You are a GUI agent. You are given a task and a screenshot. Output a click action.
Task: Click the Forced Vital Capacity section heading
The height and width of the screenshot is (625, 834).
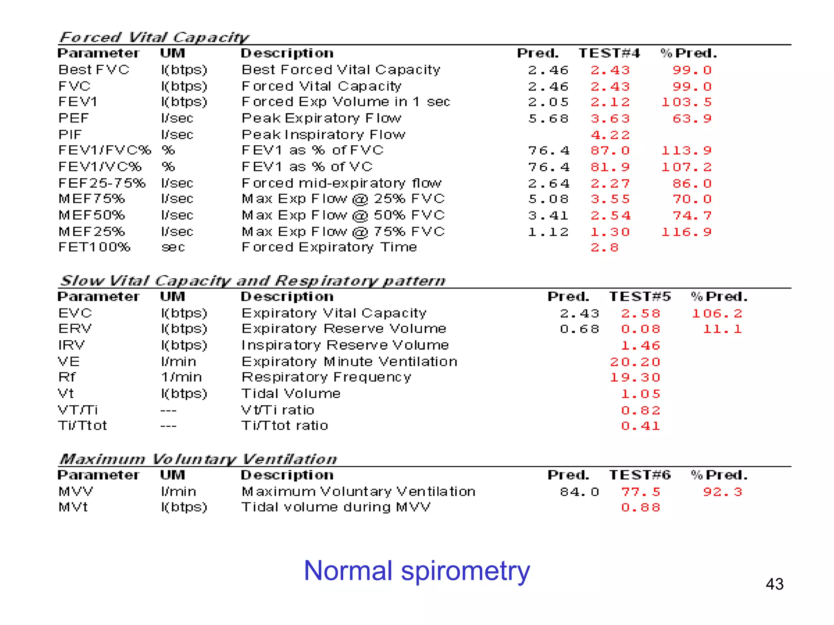click(154, 37)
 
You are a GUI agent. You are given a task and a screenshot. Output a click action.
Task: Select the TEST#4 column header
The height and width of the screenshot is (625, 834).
click(609, 53)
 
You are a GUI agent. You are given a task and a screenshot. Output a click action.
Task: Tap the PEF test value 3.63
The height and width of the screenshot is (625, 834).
click(610, 119)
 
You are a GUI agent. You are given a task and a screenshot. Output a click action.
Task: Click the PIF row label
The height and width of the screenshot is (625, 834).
click(70, 135)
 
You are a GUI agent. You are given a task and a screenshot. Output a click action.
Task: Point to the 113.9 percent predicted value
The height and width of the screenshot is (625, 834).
click(686, 151)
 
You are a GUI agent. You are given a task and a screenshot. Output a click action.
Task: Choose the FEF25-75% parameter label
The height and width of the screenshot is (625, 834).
click(102, 183)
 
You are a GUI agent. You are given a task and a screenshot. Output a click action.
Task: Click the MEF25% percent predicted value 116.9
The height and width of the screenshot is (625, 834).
click(686, 232)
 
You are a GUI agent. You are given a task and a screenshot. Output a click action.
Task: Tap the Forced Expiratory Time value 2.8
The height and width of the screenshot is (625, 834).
click(605, 248)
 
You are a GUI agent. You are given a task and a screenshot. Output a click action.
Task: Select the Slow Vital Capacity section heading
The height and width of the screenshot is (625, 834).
click(252, 281)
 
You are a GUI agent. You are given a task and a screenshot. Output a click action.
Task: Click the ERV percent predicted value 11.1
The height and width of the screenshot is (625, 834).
click(722, 329)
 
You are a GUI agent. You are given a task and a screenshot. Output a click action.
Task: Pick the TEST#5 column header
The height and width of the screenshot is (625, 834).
click(640, 297)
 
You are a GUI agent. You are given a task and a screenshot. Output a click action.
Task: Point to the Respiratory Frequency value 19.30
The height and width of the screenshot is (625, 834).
click(635, 378)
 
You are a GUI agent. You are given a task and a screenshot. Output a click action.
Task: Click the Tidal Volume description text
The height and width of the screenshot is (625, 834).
click(291, 394)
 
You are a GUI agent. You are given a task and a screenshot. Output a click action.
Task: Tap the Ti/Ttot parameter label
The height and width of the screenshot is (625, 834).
click(82, 426)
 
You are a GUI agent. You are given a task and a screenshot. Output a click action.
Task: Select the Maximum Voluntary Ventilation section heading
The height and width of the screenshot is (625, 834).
click(198, 459)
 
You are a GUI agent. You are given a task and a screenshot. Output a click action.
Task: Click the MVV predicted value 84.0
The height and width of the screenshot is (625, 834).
click(579, 492)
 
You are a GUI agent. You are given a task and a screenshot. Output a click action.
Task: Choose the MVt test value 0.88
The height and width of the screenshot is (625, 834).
click(640, 508)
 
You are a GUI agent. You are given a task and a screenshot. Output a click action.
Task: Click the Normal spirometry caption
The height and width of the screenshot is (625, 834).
click(417, 570)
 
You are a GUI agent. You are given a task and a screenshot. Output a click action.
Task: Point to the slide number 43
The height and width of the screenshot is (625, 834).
click(774, 584)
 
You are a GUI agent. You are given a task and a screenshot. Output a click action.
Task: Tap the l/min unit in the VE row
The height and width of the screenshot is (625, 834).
click(178, 362)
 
